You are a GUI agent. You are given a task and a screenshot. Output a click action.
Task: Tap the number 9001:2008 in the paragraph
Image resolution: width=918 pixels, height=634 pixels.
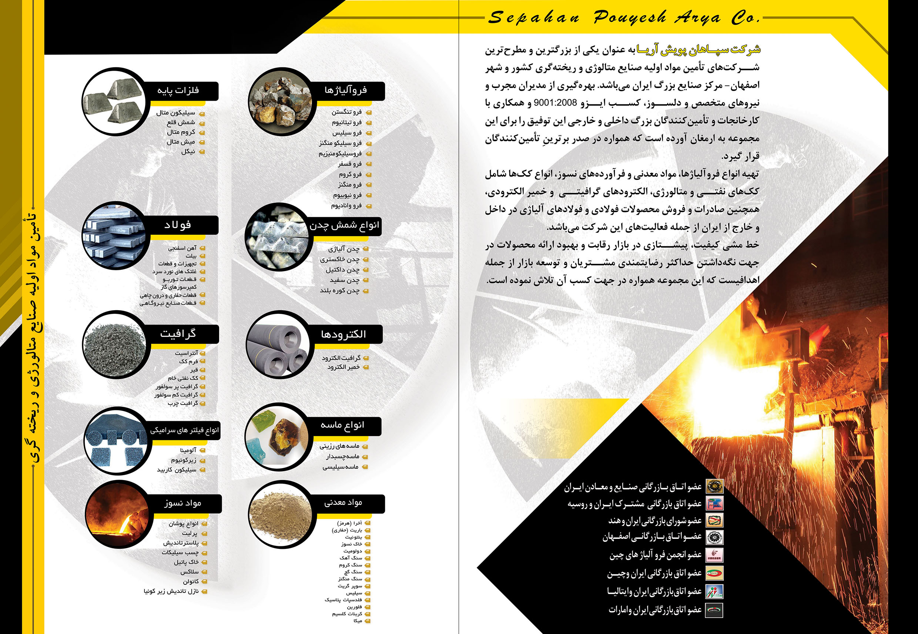[x=555, y=103]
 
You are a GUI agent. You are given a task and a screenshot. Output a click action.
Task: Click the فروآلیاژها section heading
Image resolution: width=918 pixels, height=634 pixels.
[x=346, y=91]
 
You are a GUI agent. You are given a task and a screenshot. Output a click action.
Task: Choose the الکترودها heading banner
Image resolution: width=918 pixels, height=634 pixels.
[x=344, y=335]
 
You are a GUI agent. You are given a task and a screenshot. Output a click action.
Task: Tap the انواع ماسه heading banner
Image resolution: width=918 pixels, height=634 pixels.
[x=342, y=425]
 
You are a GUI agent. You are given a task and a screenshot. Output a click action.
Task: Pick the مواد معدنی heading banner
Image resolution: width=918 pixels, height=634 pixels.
[x=343, y=503]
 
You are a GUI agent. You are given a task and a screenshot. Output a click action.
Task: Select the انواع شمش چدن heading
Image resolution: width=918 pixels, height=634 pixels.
[x=344, y=226]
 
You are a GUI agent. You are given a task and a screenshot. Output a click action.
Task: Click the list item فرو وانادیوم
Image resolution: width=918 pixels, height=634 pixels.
[x=346, y=206]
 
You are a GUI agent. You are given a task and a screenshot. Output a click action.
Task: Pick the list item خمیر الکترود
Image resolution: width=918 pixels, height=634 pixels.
[x=343, y=367]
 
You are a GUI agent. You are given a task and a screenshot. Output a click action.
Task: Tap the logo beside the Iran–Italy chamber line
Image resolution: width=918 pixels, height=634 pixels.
[x=714, y=591]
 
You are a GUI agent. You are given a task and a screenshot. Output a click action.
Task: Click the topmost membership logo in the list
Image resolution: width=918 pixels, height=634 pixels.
[x=714, y=486]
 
